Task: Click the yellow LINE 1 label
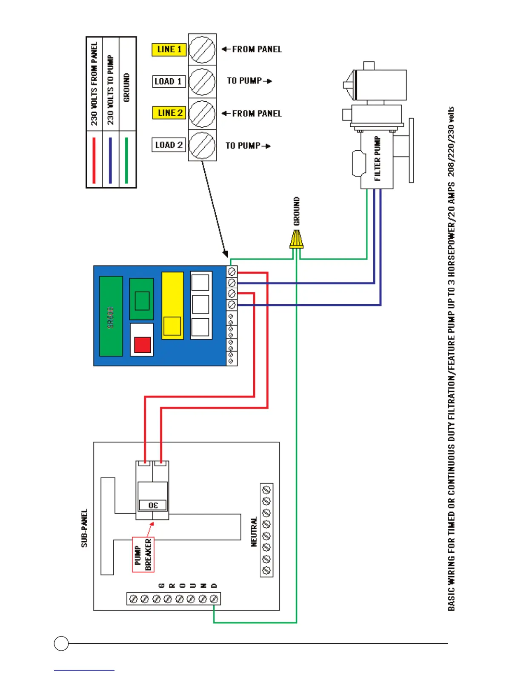point(169,50)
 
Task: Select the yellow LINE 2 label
point(169,113)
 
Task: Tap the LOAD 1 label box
point(169,82)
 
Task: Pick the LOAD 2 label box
point(169,145)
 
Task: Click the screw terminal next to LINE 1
point(202,50)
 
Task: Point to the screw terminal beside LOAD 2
point(202,145)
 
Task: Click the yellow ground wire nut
point(296,240)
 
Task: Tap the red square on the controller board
point(143,345)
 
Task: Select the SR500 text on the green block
point(111,317)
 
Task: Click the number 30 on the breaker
point(153,505)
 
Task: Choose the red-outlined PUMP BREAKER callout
point(143,554)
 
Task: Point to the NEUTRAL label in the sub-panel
point(254,531)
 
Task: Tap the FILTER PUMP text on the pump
point(377,158)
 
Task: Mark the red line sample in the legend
point(94,160)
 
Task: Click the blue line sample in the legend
point(110,160)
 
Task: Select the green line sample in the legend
point(126,160)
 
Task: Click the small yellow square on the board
point(172,326)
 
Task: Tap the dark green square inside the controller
point(142,301)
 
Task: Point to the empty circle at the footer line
point(61,643)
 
